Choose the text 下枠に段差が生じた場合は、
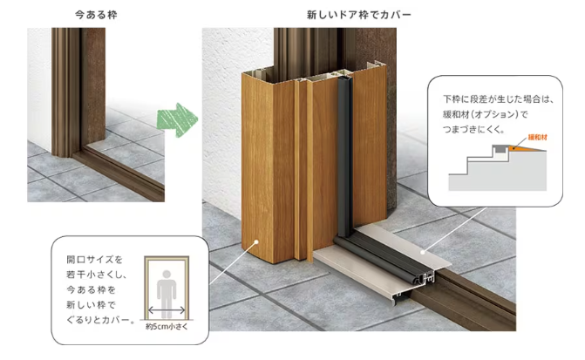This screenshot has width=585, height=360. pos(493,99)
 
